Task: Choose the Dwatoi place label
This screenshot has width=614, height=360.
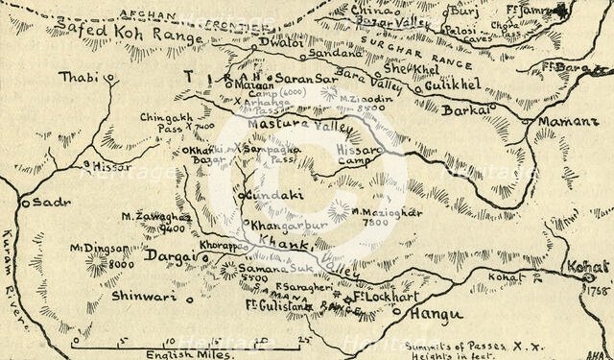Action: tap(283, 44)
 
